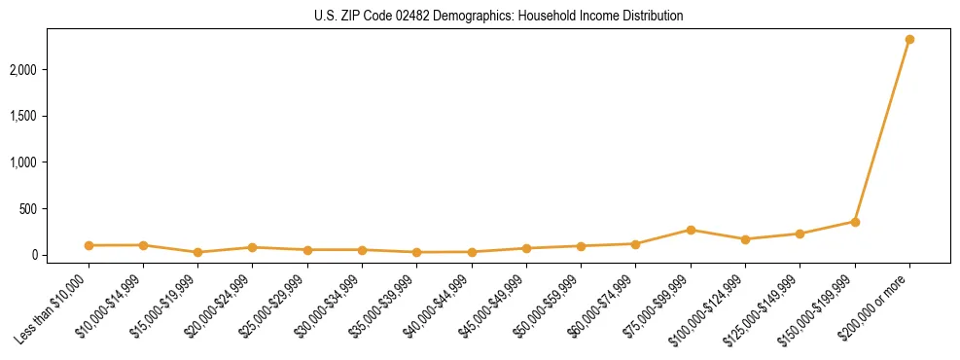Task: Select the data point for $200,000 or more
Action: tap(909, 40)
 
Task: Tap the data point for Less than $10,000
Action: tap(89, 245)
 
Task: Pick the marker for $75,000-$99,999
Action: tap(691, 230)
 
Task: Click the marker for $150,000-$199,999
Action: tap(855, 222)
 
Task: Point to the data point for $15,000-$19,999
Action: tap(198, 252)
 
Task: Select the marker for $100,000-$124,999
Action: tap(745, 239)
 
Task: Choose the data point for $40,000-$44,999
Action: tap(472, 252)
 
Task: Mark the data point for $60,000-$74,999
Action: tap(636, 244)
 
